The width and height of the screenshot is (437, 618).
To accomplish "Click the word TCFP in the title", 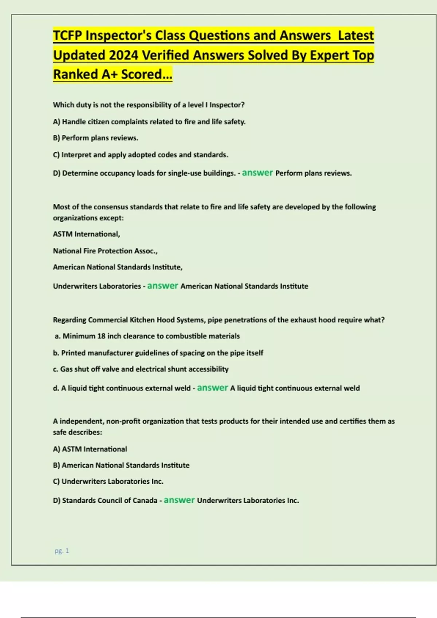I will (68, 36).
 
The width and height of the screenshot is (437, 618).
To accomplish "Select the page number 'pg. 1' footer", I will (62, 551).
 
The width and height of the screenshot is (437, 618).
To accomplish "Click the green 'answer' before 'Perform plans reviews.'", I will (257, 173).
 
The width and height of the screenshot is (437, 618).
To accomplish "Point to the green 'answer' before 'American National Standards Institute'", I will (162, 286).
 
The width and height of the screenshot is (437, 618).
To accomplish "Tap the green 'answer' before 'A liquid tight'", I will (212, 388).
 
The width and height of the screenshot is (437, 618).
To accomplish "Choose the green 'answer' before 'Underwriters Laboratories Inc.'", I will (179, 500).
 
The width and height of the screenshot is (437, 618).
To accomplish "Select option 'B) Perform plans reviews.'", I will (95, 138).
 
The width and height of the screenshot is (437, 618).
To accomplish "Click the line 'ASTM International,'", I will (86, 234).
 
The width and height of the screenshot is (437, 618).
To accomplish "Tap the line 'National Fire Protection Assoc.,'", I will (105, 251).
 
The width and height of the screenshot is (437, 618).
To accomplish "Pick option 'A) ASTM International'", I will (90, 449).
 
